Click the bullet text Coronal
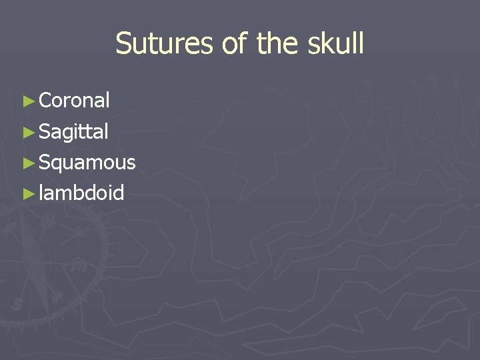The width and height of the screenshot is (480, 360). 74,101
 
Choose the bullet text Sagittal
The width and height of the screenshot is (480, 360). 73,132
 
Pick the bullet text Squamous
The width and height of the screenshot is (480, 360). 87,163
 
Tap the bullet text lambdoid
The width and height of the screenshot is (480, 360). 81,193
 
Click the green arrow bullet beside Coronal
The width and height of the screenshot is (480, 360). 27,101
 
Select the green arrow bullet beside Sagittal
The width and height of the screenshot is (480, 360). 27,133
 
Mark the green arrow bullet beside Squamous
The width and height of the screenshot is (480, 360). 27,163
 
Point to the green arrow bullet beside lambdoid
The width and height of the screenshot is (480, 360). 27,194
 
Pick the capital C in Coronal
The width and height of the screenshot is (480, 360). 46,101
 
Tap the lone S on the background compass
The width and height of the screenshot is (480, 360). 17,303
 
